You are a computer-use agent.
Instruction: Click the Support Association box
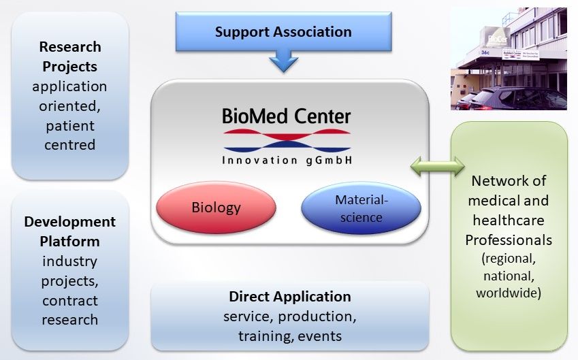[283, 32]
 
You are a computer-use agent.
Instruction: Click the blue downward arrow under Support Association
[283, 63]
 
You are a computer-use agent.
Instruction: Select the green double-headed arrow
[436, 165]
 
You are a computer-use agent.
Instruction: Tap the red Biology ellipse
[216, 207]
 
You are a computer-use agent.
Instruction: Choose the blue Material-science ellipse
[361, 209]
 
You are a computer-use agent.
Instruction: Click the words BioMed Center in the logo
[287, 116]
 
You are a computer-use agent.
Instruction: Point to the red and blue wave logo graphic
[287, 141]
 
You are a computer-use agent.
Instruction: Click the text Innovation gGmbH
[287, 161]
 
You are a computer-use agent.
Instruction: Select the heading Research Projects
[69, 56]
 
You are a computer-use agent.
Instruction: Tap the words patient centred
[69, 135]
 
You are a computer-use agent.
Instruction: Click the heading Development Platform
[69, 231]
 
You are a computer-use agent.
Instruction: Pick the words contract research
[69, 310]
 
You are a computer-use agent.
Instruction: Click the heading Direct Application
[290, 297]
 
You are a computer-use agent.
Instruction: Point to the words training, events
[290, 336]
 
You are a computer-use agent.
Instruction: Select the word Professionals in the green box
[509, 240]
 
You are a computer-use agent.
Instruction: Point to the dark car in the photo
[517, 99]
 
